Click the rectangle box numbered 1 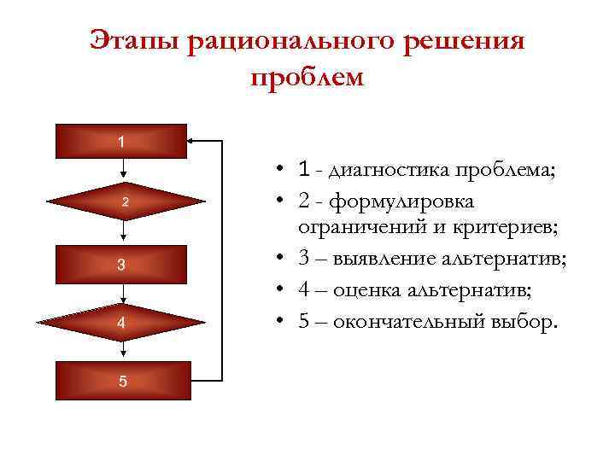[121, 141]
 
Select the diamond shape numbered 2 [125, 202]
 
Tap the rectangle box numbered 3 [121, 264]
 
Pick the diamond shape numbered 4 [121, 323]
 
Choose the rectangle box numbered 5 [121, 381]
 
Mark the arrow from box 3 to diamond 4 [125, 292]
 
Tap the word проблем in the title [307, 78]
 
